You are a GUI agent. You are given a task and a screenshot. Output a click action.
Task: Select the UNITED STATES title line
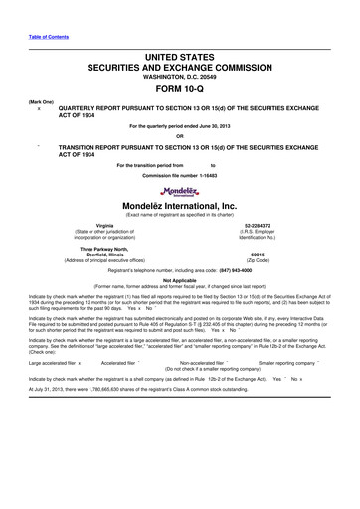[179, 50]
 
